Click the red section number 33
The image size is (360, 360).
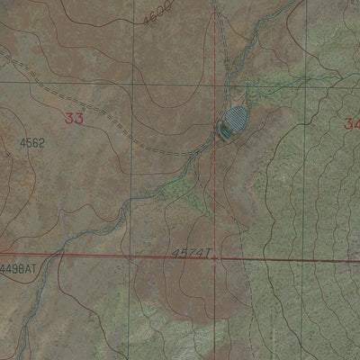pyautogui.click(x=75, y=119)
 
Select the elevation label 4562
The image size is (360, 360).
pyautogui.click(x=31, y=142)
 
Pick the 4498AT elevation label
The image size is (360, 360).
pyautogui.click(x=18, y=268)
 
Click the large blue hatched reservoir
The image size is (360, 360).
pyautogui.click(x=235, y=118)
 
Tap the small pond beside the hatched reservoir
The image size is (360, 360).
pyautogui.click(x=223, y=132)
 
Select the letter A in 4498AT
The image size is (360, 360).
pyautogui.click(x=27, y=268)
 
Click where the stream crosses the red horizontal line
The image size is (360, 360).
pyautogui.click(x=60, y=254)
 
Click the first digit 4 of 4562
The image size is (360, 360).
pyautogui.click(x=21, y=142)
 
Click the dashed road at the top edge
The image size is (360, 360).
pyautogui.click(x=216, y=7)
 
